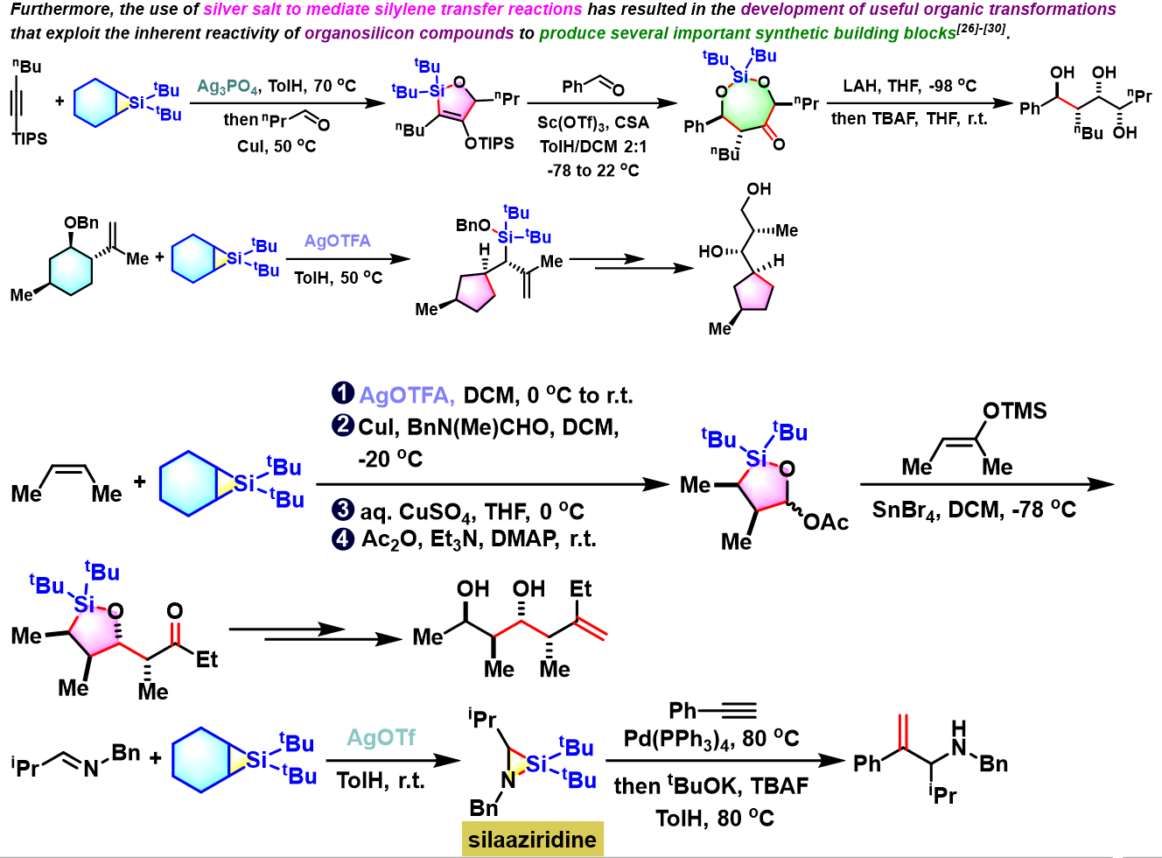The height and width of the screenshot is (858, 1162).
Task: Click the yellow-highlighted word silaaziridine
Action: point(532,840)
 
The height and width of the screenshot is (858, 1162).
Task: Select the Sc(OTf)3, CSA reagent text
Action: point(592,123)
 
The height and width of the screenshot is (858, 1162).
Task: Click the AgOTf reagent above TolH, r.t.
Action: point(381,738)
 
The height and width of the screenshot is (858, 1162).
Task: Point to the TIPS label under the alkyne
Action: point(29,138)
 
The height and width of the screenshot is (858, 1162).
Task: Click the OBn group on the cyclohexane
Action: point(81,222)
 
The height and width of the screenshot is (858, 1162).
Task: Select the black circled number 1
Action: point(342,394)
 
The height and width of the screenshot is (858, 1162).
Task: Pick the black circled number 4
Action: point(342,538)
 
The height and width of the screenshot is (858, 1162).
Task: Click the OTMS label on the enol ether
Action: point(1014,411)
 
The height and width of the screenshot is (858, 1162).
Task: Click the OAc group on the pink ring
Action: point(825,523)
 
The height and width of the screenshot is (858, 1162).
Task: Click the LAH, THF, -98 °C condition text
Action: point(909,86)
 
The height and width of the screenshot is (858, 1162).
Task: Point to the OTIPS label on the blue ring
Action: point(489,144)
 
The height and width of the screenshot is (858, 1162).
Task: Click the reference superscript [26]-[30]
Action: point(981,29)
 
